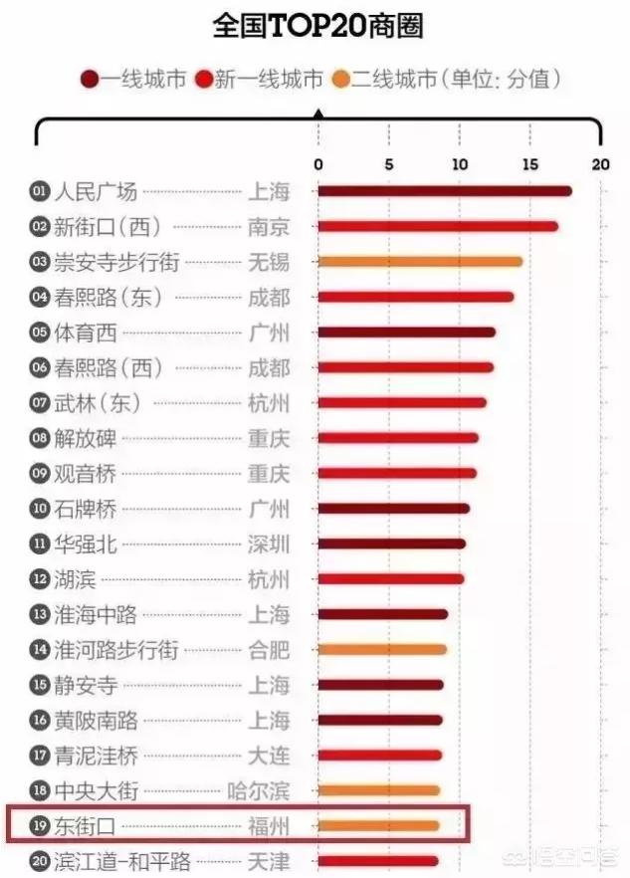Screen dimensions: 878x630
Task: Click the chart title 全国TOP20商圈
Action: pyautogui.click(x=317, y=26)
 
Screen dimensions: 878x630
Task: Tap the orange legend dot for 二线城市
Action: pyautogui.click(x=341, y=81)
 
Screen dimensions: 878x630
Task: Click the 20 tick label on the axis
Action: pyautogui.click(x=599, y=165)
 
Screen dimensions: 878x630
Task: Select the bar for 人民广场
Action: pyautogui.click(x=444, y=191)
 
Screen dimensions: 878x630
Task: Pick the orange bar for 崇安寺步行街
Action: pyautogui.click(x=419, y=262)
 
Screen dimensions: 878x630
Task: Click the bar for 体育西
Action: pyautogui.click(x=406, y=332)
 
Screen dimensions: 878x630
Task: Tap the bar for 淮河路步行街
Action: pyautogui.click(x=381, y=650)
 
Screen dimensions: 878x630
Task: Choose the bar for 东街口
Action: pyautogui.click(x=378, y=825)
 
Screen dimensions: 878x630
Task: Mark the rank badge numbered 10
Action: pyautogui.click(x=40, y=509)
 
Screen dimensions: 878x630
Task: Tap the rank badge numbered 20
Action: pyautogui.click(x=40, y=861)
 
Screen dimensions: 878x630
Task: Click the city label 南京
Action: pyautogui.click(x=269, y=227)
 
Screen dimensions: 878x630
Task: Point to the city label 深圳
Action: pyautogui.click(x=269, y=545)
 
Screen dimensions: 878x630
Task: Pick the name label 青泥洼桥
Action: pyautogui.click(x=96, y=756)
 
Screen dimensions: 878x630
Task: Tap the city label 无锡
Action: pyautogui.click(x=269, y=262)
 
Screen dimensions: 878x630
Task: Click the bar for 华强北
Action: pyautogui.click(x=391, y=545)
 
